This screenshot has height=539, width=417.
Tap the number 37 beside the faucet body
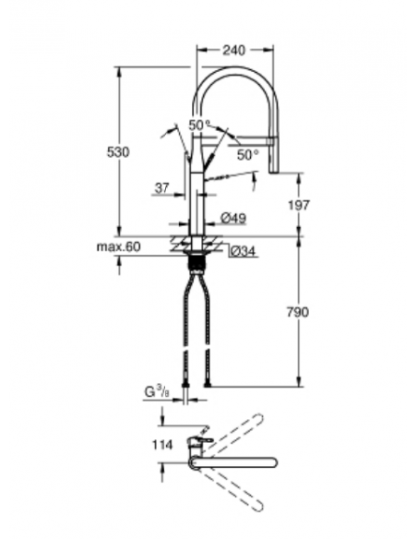pos(162,188)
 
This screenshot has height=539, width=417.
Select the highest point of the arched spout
pos(236,73)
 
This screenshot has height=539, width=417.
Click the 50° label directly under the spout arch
pos(199,125)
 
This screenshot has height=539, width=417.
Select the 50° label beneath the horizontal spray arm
pos(246,154)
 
